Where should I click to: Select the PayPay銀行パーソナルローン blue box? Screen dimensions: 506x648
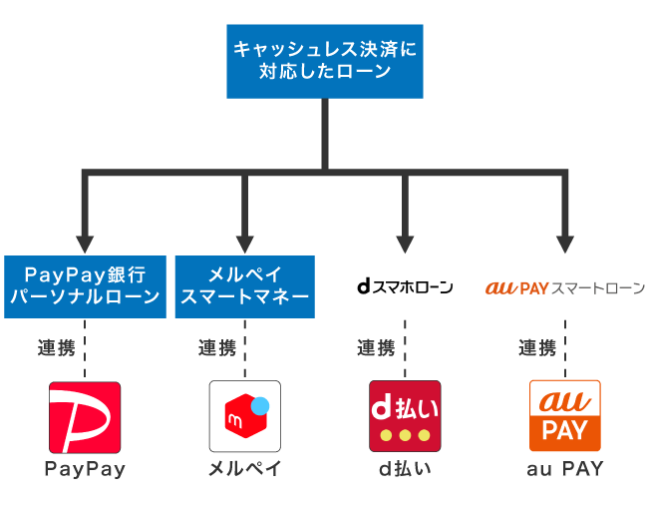click(85, 285)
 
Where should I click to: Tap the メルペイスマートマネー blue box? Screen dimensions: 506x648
click(245, 285)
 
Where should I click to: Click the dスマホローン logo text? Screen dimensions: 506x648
click(405, 287)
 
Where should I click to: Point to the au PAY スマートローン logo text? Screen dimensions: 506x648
click(565, 287)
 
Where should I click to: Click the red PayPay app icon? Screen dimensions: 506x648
click(85, 416)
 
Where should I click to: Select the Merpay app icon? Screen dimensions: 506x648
click(245, 416)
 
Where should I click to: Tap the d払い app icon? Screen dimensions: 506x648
click(405, 416)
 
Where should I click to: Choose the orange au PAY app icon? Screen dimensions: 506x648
click(565, 416)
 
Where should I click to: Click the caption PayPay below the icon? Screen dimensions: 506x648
click(85, 469)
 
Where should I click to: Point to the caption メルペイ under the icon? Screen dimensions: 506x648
click(245, 469)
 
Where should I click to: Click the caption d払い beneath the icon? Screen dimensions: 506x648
click(405, 469)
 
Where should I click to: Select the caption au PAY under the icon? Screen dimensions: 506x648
click(565, 469)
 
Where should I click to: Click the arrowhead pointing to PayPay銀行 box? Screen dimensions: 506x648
click(85, 243)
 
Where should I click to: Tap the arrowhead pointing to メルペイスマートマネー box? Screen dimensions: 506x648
click(245, 243)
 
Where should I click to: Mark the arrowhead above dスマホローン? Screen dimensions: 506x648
click(405, 243)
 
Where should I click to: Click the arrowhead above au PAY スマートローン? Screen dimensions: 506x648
click(565, 243)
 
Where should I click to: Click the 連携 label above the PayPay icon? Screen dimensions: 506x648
click(57, 348)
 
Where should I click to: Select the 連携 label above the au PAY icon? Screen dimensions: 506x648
click(537, 348)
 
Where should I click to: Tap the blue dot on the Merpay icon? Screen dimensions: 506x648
click(261, 406)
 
